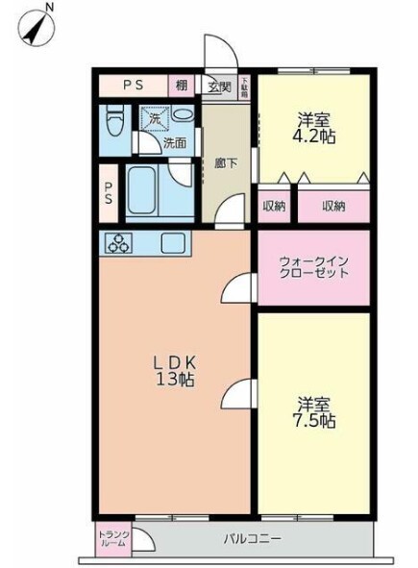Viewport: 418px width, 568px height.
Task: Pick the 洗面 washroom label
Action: tap(174, 143)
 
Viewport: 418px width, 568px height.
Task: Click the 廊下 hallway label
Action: tap(226, 162)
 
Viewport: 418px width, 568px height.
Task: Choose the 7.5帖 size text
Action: tap(314, 421)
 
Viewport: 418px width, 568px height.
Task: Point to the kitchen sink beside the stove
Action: tap(172, 243)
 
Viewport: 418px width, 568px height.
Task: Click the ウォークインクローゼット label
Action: tap(313, 266)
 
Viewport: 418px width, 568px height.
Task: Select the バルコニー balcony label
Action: tap(252, 539)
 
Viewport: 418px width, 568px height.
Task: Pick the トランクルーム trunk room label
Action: tap(112, 539)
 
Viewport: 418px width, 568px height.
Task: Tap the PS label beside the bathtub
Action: tap(109, 193)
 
